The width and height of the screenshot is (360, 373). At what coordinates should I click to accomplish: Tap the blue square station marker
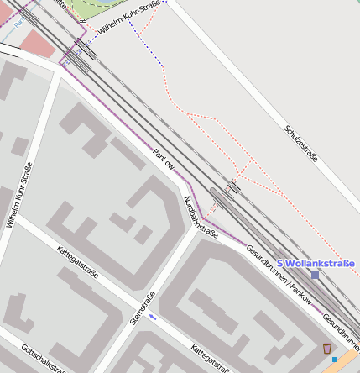pos(315,275)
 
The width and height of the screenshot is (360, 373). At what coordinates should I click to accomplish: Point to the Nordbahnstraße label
pos(201,217)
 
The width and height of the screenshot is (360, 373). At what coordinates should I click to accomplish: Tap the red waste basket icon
pos(326,348)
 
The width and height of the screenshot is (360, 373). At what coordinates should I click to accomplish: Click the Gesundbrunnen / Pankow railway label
pos(279,276)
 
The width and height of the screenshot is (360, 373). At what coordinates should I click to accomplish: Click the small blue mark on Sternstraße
pos(152,318)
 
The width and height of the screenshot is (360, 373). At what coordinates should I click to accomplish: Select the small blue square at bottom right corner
pos(335,360)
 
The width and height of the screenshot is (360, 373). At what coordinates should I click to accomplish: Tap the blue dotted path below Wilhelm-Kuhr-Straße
pos(150,50)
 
